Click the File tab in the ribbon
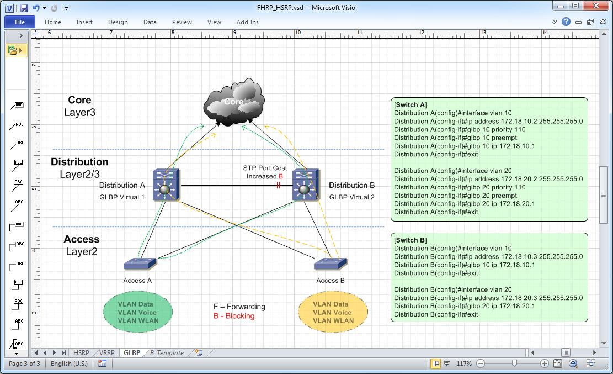tap(20, 22)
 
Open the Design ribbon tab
tap(118, 22)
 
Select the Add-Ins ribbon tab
tap(247, 22)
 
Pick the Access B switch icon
tap(331, 264)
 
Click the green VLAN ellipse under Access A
tap(138, 313)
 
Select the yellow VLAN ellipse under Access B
tap(333, 313)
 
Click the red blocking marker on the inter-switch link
tap(278, 186)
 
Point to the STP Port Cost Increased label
tap(265, 172)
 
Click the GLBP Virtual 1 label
tap(122, 197)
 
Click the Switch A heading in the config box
tap(410, 105)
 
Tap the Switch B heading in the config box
tap(410, 240)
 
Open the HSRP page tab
tap(81, 352)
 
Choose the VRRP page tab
tap(107, 352)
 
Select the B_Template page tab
tap(167, 352)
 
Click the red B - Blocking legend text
tap(234, 316)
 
